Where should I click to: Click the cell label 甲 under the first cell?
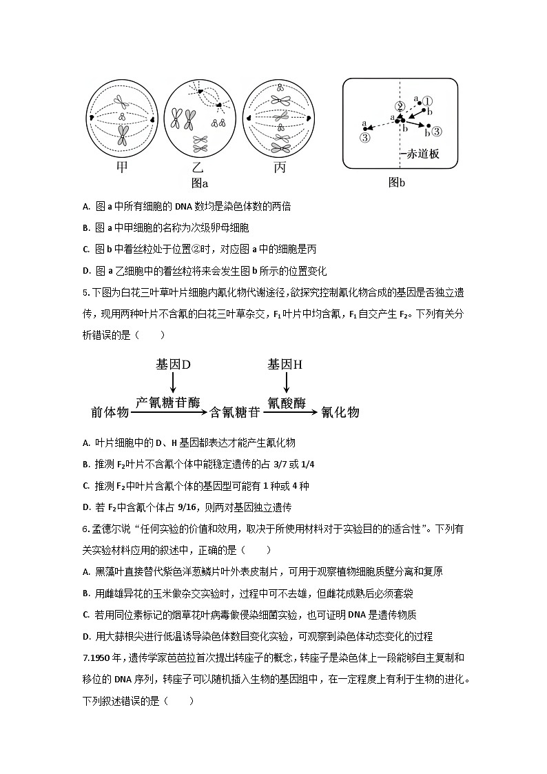[x=122, y=167]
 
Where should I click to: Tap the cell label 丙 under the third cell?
[x=280, y=167]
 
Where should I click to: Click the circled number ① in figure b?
[x=427, y=101]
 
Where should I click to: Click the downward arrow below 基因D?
[x=173, y=383]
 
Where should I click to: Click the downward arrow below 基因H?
[x=285, y=383]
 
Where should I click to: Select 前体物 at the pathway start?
[x=110, y=412]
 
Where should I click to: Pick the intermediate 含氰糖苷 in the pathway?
[x=234, y=412]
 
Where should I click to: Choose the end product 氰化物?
[x=340, y=412]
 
